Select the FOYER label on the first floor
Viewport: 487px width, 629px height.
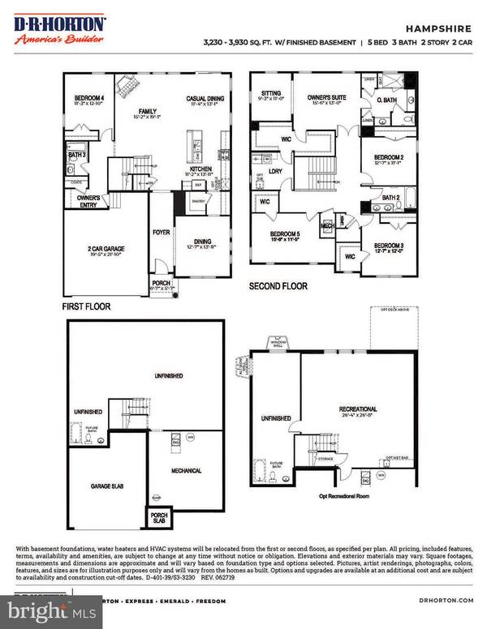[162, 231]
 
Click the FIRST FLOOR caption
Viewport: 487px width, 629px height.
[86, 307]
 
